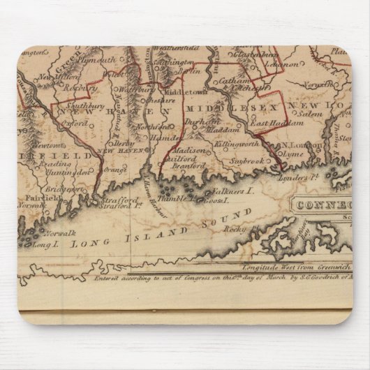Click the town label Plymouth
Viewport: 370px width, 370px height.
tap(98, 60)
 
